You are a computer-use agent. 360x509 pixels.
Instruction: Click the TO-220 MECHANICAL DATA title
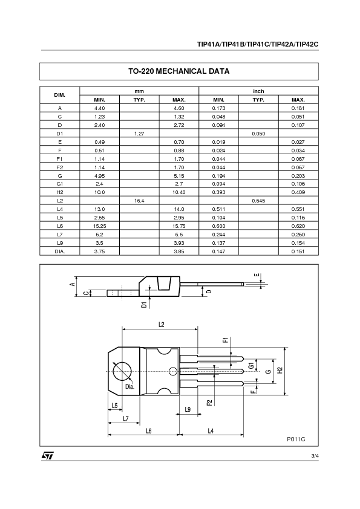click(x=178, y=71)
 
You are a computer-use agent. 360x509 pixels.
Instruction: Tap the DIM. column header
click(x=60, y=95)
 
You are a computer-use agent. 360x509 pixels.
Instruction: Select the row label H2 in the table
click(x=60, y=192)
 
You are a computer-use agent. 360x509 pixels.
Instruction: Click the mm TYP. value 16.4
click(x=139, y=200)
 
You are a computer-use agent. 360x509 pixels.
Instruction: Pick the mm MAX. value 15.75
click(x=178, y=225)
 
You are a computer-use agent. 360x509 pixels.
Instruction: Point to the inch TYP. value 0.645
click(x=258, y=200)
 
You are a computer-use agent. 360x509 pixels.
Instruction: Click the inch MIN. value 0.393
click(x=218, y=192)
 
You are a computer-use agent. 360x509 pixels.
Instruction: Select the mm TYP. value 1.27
click(x=139, y=133)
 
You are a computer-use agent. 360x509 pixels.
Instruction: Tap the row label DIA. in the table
click(x=60, y=251)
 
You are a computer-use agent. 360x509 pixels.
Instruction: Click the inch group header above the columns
click(x=258, y=91)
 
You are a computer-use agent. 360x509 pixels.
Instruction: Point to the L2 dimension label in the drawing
click(x=161, y=325)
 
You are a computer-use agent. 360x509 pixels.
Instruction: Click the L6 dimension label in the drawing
click(x=148, y=430)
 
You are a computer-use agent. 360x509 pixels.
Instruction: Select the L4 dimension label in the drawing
click(x=211, y=430)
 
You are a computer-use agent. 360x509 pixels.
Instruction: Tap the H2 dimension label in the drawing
click(x=280, y=370)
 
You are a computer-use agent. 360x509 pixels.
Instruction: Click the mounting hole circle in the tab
click(x=123, y=370)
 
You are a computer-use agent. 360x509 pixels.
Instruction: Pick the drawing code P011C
click(x=296, y=439)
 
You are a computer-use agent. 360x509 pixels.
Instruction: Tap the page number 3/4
click(x=314, y=455)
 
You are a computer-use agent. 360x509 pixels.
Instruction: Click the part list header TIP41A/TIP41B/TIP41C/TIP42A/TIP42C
click(x=257, y=44)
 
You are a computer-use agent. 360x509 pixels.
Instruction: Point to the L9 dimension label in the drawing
click(x=188, y=409)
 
